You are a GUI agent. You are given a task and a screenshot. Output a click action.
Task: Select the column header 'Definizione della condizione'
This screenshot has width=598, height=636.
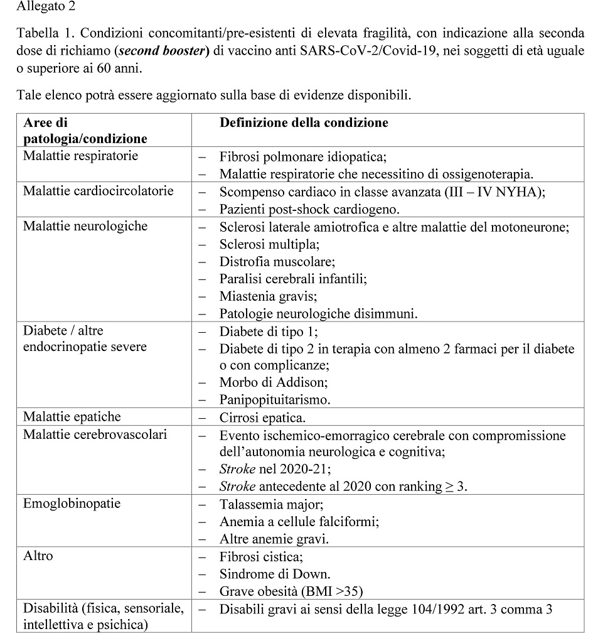(x=304, y=122)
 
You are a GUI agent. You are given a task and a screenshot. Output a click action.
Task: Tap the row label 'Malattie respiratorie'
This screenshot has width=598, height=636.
(x=80, y=156)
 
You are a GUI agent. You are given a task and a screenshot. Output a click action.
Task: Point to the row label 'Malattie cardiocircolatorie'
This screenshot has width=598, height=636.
(x=98, y=191)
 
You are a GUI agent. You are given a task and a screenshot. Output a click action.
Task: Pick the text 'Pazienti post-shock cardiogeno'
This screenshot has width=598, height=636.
(x=309, y=208)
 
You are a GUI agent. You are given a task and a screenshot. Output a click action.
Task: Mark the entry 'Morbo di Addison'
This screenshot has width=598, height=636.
(x=273, y=382)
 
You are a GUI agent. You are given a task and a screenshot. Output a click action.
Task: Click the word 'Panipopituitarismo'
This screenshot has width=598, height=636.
(x=274, y=399)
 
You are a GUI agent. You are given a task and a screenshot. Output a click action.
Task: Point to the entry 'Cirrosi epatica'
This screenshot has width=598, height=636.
(x=262, y=418)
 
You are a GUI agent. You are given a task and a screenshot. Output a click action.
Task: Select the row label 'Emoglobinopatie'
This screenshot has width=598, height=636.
(x=72, y=504)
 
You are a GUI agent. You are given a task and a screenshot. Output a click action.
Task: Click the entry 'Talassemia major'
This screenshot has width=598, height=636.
(x=271, y=504)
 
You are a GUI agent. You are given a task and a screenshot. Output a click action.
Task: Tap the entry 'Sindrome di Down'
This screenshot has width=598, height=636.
(x=274, y=574)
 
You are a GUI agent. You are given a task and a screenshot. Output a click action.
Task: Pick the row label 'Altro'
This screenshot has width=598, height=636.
(x=38, y=556)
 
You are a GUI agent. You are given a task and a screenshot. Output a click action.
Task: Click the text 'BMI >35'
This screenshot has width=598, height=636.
(x=335, y=591)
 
